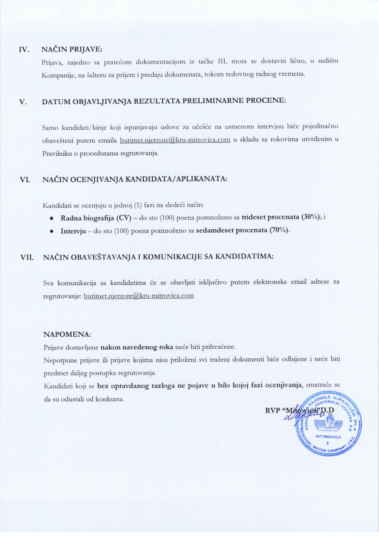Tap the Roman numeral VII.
pyautogui.click(x=27, y=257)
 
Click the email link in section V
pyautogui.click(x=175, y=140)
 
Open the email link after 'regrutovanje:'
pyautogui.click(x=138, y=296)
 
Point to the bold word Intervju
pyautogui.click(x=73, y=231)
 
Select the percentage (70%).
pyautogui.click(x=279, y=230)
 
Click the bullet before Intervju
pyautogui.click(x=52, y=231)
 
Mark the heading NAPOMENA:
pyautogui.click(x=67, y=334)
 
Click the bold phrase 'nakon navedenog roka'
pyautogui.click(x=137, y=347)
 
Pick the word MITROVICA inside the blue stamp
pyautogui.click(x=328, y=437)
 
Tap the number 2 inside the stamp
pyautogui.click(x=328, y=443)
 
